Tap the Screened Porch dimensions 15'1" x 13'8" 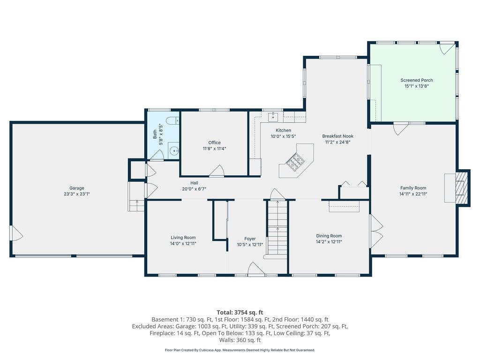(416, 86)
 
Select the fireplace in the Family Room (462, 188)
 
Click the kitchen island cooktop (296, 162)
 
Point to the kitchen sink (273, 116)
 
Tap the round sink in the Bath (173, 151)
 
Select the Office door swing (217, 172)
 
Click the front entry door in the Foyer (256, 269)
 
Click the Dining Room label (329, 236)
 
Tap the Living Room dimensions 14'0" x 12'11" (183, 244)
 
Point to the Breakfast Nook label (337, 136)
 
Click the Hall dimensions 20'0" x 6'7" (194, 189)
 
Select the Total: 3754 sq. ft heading (240, 312)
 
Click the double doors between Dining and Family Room (376, 228)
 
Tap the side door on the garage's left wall (16, 233)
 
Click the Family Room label (413, 187)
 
